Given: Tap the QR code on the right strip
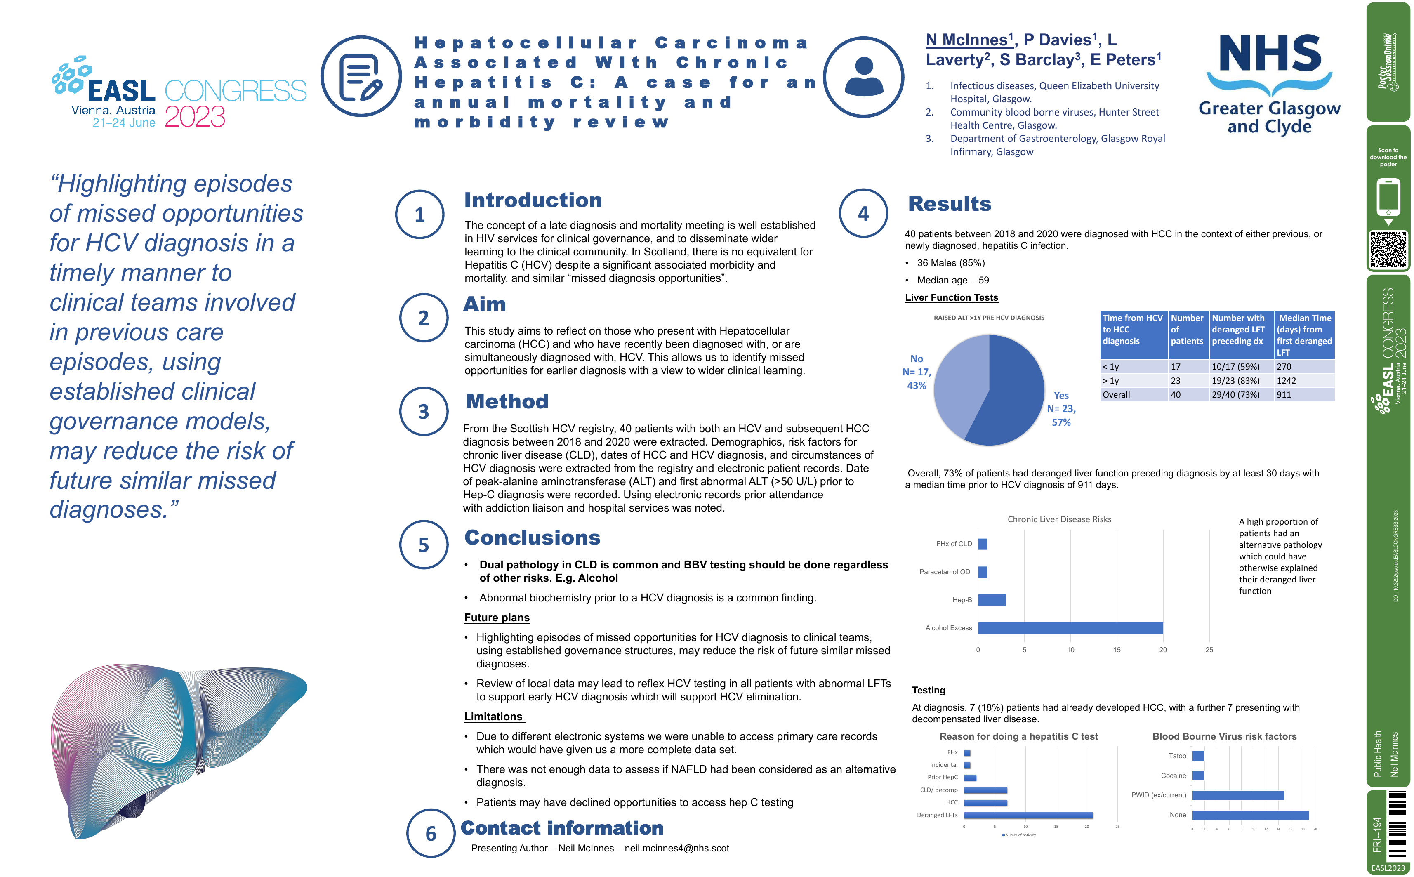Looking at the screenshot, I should (x=1388, y=250).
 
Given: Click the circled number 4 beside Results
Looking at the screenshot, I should (x=863, y=213).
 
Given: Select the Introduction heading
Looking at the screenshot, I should (x=533, y=200).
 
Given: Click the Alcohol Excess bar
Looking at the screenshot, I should (x=1070, y=627).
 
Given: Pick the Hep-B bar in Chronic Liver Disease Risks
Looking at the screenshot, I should (x=992, y=600).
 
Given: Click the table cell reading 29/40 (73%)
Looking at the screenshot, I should (x=1235, y=394).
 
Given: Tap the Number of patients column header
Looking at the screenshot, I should (x=1187, y=330).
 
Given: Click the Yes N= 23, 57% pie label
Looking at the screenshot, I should (x=1061, y=409).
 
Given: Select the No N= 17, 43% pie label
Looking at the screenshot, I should (x=917, y=372).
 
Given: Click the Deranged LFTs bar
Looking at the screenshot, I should (x=1028, y=815).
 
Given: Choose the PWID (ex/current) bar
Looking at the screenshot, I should (x=1238, y=795).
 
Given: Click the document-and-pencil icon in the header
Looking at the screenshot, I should (x=361, y=77).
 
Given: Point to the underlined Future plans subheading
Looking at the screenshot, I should (x=497, y=618).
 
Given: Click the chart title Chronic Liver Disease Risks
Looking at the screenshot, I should (x=1059, y=519).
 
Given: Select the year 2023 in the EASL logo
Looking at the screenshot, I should (x=195, y=117).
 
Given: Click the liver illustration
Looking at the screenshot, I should (x=174, y=748).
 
